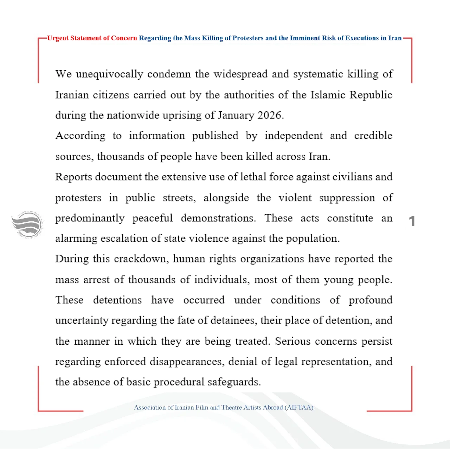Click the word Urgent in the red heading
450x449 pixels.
pyautogui.click(x=58, y=38)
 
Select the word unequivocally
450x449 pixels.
pyautogui.click(x=109, y=74)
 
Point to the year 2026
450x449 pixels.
pyautogui.click(x=270, y=115)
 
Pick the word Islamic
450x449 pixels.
pyautogui.click(x=328, y=95)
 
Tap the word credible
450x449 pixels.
pyautogui.click(x=373, y=136)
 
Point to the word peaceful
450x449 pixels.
pyautogui.click(x=153, y=218)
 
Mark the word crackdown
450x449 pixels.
pyautogui.click(x=141, y=259)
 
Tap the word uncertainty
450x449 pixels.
pyautogui.click(x=82, y=320)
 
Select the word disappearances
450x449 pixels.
pyautogui.click(x=187, y=362)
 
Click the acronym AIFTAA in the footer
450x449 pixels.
pyautogui.click(x=299, y=408)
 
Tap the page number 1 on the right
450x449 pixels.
pyautogui.click(x=412, y=221)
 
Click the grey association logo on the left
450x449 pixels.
pyautogui.click(x=27, y=225)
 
